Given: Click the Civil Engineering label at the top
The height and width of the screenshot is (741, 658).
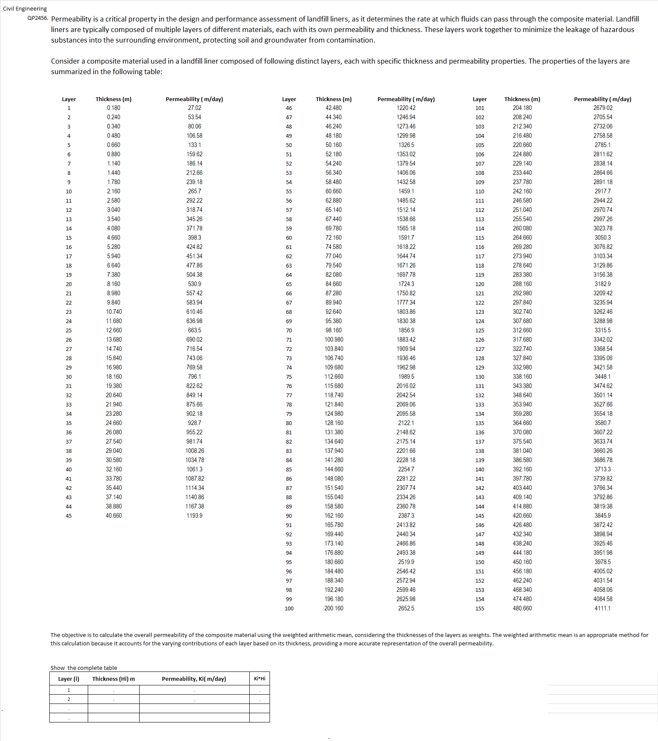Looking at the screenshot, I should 25,9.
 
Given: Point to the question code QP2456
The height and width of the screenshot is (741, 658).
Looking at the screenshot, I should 38,18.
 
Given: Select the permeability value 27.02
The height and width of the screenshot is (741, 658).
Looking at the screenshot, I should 194,108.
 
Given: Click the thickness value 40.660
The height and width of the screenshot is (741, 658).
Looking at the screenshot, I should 113,516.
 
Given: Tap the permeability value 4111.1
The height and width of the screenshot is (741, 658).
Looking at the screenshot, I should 602,608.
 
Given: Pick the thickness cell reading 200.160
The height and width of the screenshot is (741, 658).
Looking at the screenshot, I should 334,608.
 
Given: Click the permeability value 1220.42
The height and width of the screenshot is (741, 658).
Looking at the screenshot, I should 406,108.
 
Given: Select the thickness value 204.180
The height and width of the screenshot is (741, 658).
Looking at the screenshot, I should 522,108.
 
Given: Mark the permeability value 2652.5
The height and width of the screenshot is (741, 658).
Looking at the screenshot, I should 406,608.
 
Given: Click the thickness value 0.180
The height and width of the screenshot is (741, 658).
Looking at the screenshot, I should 113,108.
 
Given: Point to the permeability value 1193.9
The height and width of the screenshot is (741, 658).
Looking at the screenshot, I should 194,516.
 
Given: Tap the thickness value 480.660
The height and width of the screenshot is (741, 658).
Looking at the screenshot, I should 522,608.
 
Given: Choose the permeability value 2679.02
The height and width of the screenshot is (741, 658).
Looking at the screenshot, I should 602,108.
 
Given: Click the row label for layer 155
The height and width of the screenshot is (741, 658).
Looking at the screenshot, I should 480,609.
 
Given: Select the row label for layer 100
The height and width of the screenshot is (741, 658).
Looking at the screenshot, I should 289,609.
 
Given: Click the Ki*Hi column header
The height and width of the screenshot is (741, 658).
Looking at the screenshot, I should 259,678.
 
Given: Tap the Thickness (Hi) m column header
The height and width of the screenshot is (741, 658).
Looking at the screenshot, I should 113,679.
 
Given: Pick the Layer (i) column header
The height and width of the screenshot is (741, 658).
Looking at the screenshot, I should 69,679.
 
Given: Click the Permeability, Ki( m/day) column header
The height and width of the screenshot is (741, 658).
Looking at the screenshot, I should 194,679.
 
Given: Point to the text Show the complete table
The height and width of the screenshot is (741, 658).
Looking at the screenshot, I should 84,668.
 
